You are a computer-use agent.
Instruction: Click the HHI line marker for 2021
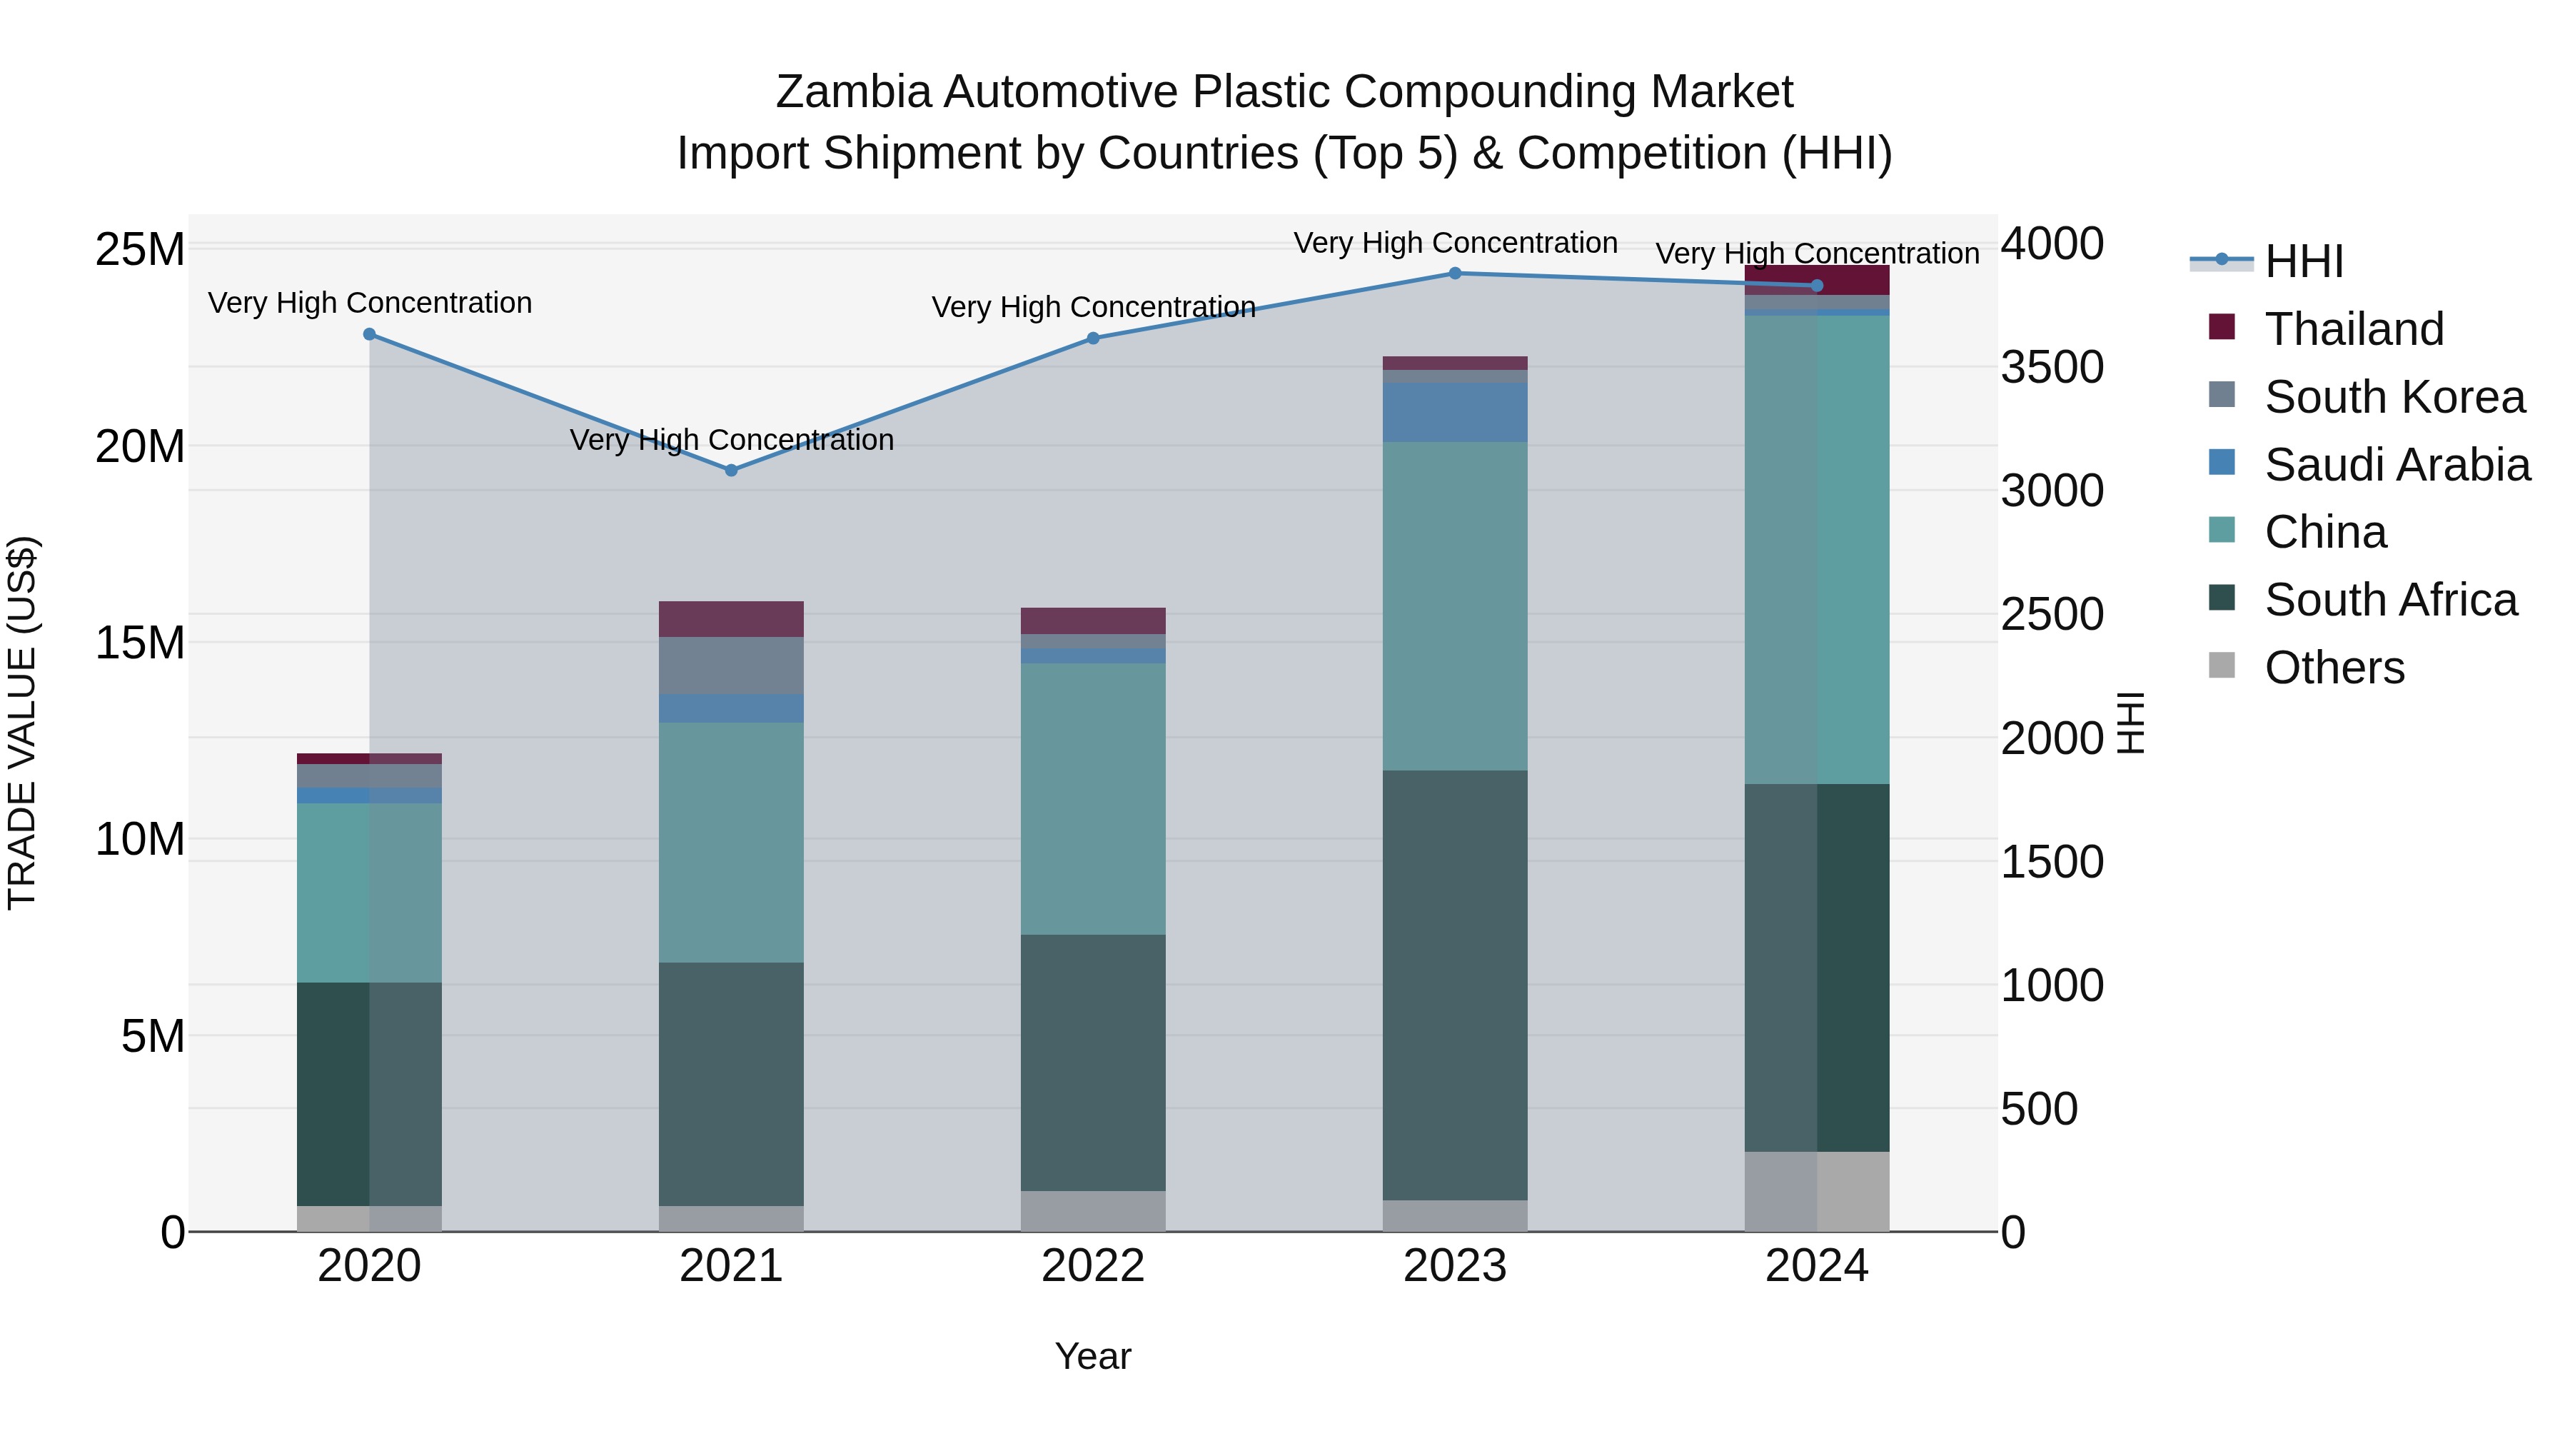[x=730, y=470]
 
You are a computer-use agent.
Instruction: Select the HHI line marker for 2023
[x=1455, y=273]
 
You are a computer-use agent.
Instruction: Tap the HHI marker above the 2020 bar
[x=369, y=334]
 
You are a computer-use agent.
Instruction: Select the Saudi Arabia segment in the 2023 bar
[x=1455, y=411]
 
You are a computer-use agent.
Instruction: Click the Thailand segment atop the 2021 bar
[x=730, y=618]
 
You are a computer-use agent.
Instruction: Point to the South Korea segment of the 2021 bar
[x=730, y=665]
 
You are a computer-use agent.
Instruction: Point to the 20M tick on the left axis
[x=140, y=446]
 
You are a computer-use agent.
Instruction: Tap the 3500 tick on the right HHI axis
[x=2052, y=367]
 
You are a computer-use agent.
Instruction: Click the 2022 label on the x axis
[x=1092, y=1266]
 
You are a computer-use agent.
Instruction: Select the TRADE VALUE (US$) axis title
[x=22, y=723]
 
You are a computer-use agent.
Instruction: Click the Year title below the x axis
[x=1092, y=1356]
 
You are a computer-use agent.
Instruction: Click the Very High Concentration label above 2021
[x=731, y=440]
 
